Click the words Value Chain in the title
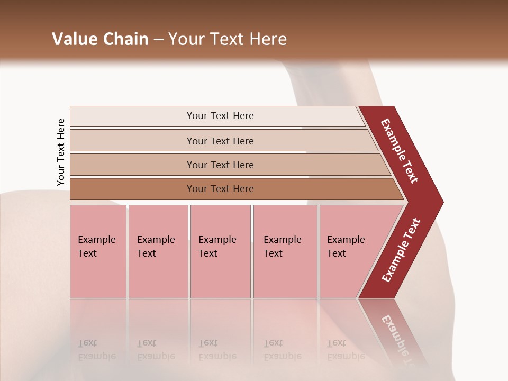pyautogui.click(x=100, y=39)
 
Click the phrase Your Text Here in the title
pyautogui.click(x=228, y=39)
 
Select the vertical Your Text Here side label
pyautogui.click(x=61, y=152)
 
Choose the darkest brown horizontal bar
pyautogui.click(x=132, y=189)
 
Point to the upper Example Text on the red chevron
pyautogui.click(x=400, y=151)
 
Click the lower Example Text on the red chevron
pyautogui.click(x=401, y=250)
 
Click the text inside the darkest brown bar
pyautogui.click(x=220, y=189)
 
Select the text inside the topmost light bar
pyautogui.click(x=220, y=116)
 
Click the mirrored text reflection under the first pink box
pyautogui.click(x=96, y=350)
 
